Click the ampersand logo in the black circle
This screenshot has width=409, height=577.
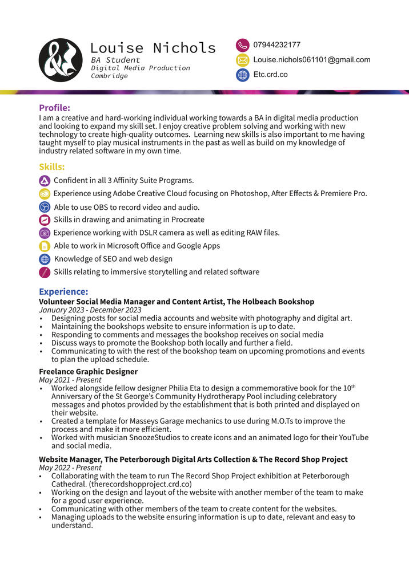click(x=61, y=60)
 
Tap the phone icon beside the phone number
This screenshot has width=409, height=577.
click(x=242, y=45)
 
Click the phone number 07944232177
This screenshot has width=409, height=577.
click(x=277, y=45)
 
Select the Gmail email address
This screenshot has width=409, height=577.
click(x=312, y=60)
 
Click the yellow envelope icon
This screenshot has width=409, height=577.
click(x=242, y=60)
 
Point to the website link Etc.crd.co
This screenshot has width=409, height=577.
click(x=270, y=75)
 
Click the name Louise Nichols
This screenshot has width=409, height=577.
click(x=153, y=48)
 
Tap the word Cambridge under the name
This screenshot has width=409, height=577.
click(x=109, y=76)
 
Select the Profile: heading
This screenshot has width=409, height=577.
click(x=54, y=107)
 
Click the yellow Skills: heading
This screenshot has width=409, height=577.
click(x=51, y=166)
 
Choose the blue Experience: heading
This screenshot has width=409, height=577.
click(x=63, y=291)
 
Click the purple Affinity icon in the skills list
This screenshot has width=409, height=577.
click(x=45, y=180)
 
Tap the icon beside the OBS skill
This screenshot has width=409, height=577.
click(x=45, y=207)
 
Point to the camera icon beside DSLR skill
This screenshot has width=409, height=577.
click(x=45, y=233)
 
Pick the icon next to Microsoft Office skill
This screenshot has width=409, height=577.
click(x=45, y=246)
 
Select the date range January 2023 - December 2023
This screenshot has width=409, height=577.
click(x=90, y=310)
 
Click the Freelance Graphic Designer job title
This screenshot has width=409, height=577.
click(x=88, y=372)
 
